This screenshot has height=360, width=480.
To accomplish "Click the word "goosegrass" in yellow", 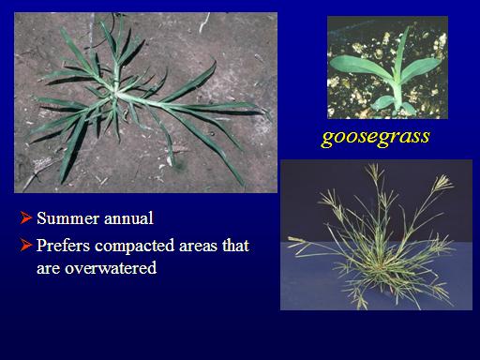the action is (376, 137).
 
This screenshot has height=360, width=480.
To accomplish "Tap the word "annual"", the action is (128, 217).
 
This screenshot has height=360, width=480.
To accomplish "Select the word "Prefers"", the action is (64, 245).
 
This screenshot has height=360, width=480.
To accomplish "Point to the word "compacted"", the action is (134, 247).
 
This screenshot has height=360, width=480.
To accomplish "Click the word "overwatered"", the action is (111, 268).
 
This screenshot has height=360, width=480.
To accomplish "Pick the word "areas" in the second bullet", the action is (198, 247).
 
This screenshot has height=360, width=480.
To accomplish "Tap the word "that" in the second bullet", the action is (235, 245).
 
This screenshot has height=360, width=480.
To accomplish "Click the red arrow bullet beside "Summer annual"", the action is (26, 217).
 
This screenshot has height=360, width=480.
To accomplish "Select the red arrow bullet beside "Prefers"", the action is (26, 245).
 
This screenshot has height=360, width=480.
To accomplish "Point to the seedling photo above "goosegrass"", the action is (387, 67).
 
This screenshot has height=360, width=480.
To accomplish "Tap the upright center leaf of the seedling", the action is (402, 53).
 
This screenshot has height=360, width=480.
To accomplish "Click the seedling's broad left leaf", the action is (359, 67).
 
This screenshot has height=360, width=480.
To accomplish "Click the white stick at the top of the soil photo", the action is (204, 22).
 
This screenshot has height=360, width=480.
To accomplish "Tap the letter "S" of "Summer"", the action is (41, 217).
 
